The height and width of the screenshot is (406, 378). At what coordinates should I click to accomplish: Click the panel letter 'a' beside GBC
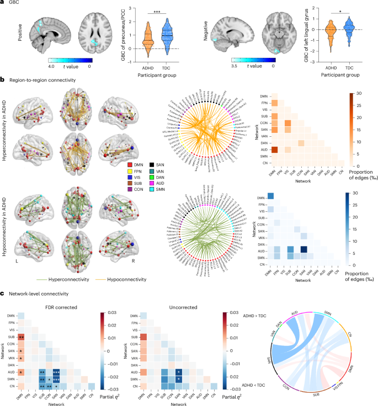(3, 3)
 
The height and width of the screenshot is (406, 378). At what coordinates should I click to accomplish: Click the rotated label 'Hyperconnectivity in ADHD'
(8, 122)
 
